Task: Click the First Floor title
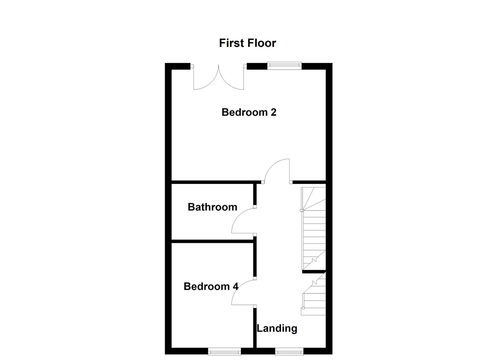click(x=247, y=43)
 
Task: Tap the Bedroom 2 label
click(x=249, y=112)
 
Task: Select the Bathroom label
click(x=212, y=207)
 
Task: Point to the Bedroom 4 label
click(x=211, y=286)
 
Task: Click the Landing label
click(x=277, y=328)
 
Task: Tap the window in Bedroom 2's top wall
click(x=284, y=66)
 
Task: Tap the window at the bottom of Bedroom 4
click(x=224, y=351)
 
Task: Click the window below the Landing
click(x=289, y=351)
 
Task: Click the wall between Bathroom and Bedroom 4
click(x=212, y=241)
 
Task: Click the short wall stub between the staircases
click(x=314, y=272)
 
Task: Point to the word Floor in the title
click(x=262, y=43)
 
